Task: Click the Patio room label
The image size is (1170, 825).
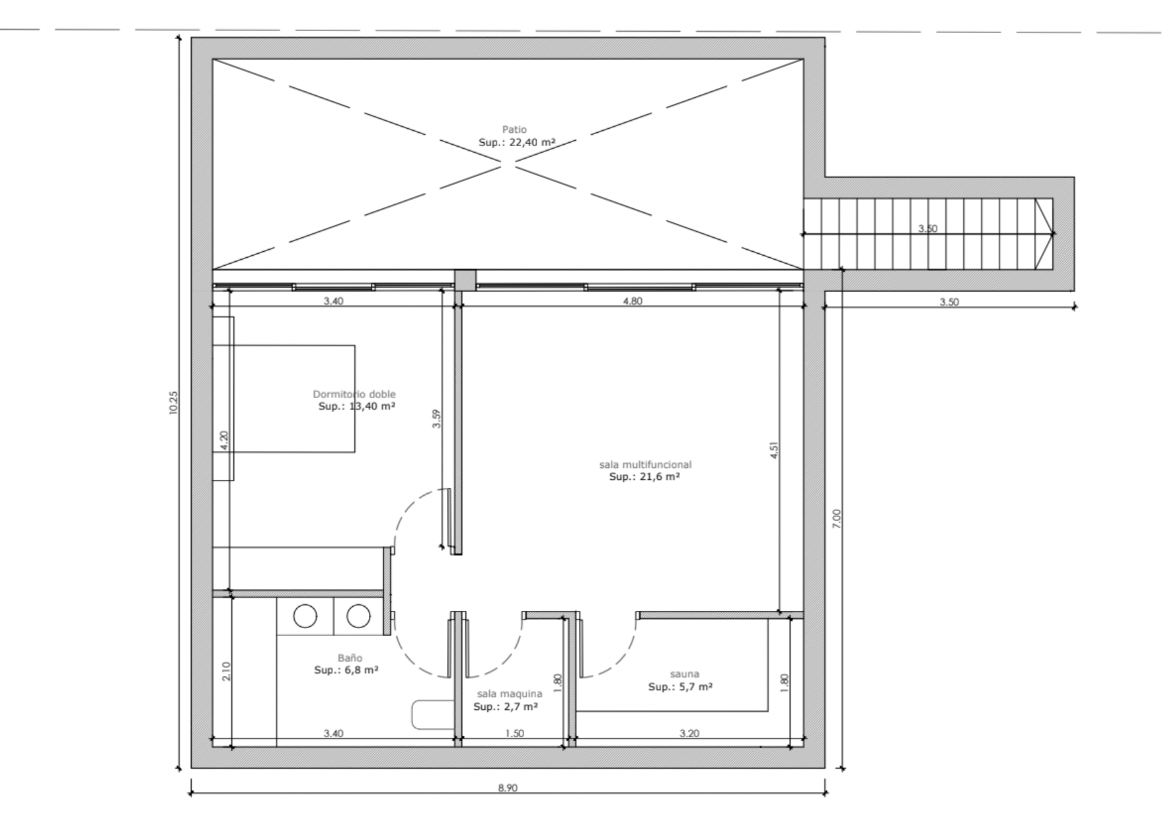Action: click(514, 130)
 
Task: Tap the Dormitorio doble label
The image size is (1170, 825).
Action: click(354, 395)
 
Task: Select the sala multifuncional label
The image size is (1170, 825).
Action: click(645, 465)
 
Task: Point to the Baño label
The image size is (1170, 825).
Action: click(350, 658)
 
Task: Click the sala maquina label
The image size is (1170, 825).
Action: click(510, 693)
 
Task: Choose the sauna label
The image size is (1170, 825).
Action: click(684, 674)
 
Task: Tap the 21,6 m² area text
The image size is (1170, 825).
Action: click(657, 477)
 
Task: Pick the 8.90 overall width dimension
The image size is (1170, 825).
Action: click(508, 788)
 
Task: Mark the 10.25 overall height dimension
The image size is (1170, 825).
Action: click(173, 403)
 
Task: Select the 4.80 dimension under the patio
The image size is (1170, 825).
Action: click(633, 301)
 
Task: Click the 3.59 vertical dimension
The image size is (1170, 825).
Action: click(436, 419)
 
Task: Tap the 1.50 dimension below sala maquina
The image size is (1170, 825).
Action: click(514, 733)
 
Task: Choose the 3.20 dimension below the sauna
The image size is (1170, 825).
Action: click(689, 733)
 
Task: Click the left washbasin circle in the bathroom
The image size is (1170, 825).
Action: click(305, 616)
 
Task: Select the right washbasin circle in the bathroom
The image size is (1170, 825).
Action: click(358, 616)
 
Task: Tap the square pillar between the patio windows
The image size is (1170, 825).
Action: click(465, 279)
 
